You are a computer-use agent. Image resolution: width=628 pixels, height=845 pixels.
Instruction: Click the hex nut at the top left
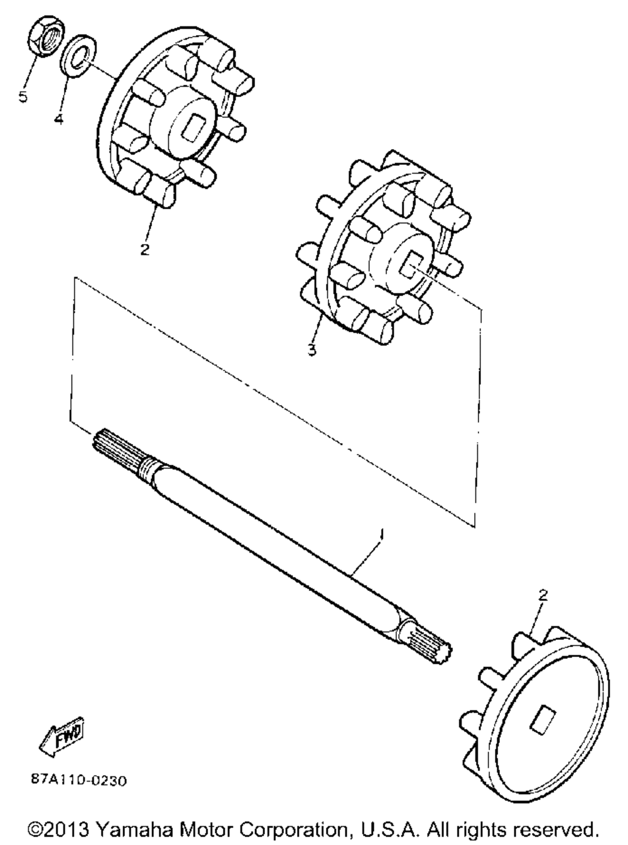[x=46, y=36]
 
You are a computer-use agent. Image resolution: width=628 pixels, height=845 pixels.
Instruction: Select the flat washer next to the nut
[x=79, y=56]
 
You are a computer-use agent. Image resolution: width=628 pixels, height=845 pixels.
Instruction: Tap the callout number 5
[x=23, y=96]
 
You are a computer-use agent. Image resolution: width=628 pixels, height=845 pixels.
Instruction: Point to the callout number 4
[x=58, y=119]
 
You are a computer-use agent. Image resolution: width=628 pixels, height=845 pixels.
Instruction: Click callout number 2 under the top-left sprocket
[x=144, y=250]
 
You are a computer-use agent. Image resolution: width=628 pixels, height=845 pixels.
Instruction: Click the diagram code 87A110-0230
[x=78, y=781]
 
